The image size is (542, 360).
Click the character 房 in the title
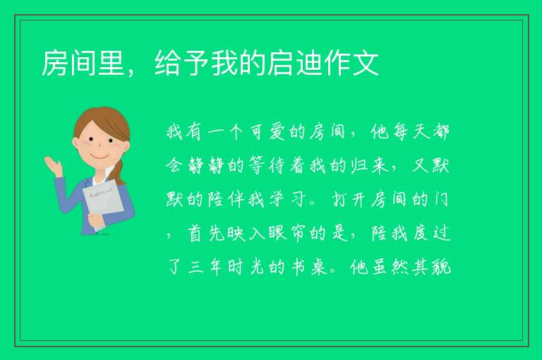coord(55,63)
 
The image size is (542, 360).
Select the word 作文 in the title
coord(351,63)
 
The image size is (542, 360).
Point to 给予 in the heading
coord(182,63)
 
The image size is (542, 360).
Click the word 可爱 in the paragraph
coord(267,131)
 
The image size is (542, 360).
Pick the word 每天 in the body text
coord(410,131)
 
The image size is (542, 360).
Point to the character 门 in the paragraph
coord(441,199)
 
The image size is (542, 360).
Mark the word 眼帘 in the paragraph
coord(287,233)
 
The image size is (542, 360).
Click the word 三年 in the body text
coord(205,267)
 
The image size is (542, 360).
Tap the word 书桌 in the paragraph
coord(308,267)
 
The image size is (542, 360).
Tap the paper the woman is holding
coord(103,203)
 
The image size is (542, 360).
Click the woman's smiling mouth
coord(100,156)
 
